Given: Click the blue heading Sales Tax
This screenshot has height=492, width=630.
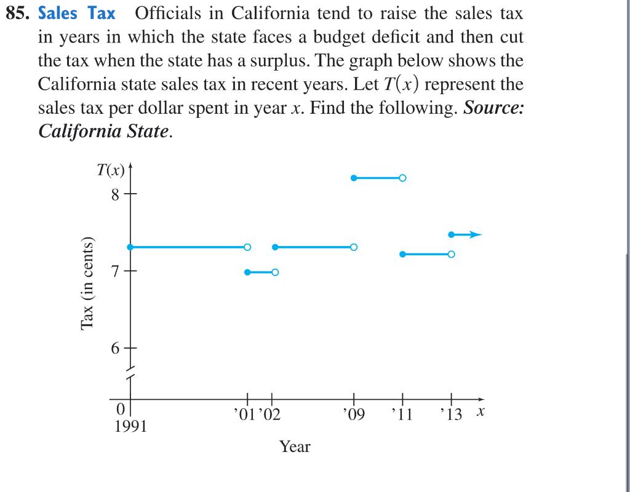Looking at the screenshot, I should [x=77, y=13].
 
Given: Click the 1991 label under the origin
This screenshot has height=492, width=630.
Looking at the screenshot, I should [x=131, y=426].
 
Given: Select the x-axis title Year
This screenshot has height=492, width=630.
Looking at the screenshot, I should [x=295, y=447].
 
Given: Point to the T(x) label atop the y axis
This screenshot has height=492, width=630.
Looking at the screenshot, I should [x=111, y=172].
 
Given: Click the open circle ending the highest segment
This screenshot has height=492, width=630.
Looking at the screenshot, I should [x=402, y=178].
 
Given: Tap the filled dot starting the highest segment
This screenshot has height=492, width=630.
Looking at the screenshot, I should [x=354, y=178].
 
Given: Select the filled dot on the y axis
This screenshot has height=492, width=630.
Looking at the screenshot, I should [x=130, y=247].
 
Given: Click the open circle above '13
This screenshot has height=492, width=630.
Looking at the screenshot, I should [x=452, y=254].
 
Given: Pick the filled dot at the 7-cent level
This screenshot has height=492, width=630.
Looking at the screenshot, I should [x=247, y=272].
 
